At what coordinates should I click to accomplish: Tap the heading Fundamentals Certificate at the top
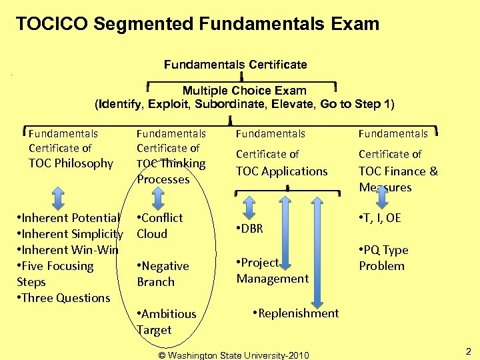click(x=235, y=65)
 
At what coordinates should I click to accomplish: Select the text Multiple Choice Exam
click(x=244, y=91)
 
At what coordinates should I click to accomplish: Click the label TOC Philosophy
click(x=71, y=163)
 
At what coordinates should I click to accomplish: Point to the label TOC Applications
click(x=281, y=171)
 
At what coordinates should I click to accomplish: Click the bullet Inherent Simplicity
click(x=70, y=234)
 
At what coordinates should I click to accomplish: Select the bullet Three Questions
click(x=63, y=298)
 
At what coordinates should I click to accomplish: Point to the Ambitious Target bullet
click(x=166, y=322)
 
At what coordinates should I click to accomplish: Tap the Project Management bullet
click(x=272, y=271)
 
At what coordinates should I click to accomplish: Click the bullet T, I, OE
click(x=380, y=218)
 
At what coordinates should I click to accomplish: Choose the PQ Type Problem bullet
click(x=383, y=258)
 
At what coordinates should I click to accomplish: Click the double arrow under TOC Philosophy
click(x=58, y=197)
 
